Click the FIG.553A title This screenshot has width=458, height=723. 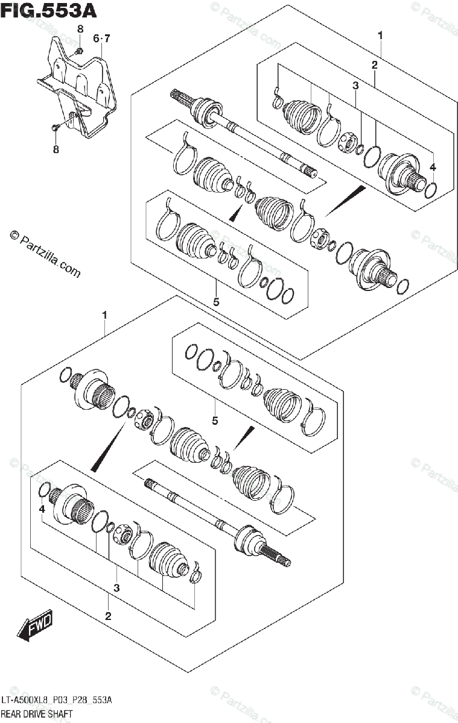click(49, 10)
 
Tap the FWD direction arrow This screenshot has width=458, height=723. click(36, 626)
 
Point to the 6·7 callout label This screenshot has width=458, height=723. click(101, 39)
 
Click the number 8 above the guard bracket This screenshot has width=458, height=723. click(80, 30)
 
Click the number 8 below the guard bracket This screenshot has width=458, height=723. click(56, 150)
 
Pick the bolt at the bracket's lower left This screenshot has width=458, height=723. click(56, 128)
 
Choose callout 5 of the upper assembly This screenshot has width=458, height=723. click(215, 297)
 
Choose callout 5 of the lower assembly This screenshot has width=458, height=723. click(214, 420)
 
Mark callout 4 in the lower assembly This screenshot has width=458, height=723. click(42, 510)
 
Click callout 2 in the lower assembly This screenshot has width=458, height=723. click(108, 616)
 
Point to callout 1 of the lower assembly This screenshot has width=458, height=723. click(104, 315)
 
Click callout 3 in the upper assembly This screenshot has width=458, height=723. click(355, 86)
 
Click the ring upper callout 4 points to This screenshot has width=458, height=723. click(431, 190)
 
